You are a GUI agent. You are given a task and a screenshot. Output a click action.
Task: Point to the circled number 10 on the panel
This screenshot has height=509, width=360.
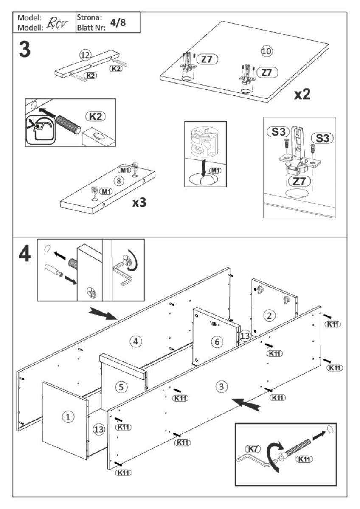point(266,51)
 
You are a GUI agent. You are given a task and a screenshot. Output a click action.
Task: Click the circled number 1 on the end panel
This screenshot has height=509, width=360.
point(67,417)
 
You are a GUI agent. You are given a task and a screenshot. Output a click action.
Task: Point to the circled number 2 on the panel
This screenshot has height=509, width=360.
point(268,315)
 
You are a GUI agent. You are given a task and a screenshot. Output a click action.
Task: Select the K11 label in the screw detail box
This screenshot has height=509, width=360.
point(304,459)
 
